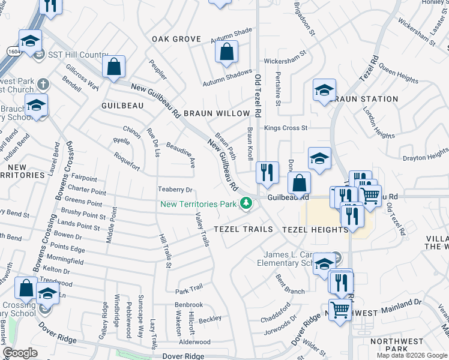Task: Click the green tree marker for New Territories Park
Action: click(245, 204)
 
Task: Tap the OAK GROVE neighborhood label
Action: click(176, 39)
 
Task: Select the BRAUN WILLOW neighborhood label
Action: click(216, 113)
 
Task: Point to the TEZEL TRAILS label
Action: click(243, 229)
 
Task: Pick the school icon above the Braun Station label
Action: click(324, 91)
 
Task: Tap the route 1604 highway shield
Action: click(5, 53)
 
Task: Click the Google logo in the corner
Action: click(20, 353)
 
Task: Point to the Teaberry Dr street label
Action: click(174, 190)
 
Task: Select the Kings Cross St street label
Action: click(286, 128)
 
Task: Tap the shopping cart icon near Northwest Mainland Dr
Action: click(340, 310)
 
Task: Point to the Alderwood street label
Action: click(195, 341)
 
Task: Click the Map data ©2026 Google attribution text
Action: click(411, 355)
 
